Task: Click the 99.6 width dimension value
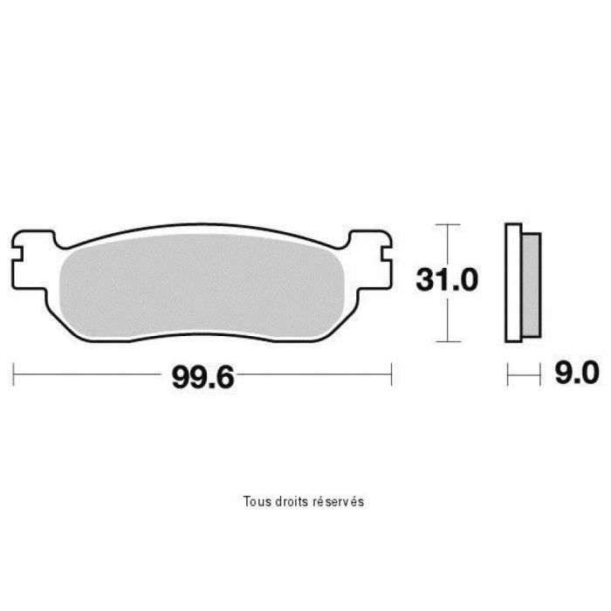(203, 377)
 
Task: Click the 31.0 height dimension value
(447, 279)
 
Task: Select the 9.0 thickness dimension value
(577, 373)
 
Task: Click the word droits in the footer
(287, 501)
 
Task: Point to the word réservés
(334, 501)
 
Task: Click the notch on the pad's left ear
(19, 254)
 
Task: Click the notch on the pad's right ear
(386, 254)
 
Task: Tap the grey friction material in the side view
(531, 285)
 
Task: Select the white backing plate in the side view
(513, 283)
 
